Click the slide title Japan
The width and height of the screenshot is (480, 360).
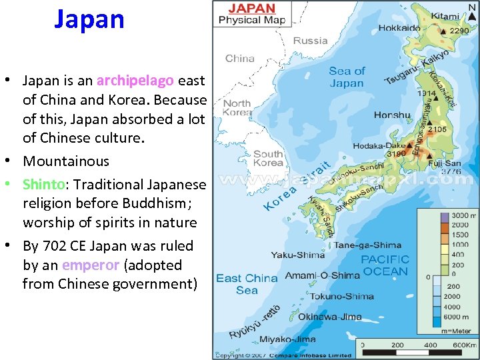tap(89, 19)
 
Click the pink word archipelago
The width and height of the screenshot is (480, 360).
tap(135, 81)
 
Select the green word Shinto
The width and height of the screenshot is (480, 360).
tap(43, 184)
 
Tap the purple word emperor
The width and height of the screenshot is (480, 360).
tap(90, 265)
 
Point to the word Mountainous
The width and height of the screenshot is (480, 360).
tap(66, 161)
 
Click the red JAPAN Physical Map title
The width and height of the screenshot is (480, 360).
tap(251, 14)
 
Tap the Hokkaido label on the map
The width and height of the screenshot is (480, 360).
tap(399, 28)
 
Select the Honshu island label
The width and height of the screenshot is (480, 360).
tap(392, 115)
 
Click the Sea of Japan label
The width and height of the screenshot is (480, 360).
tap(347, 77)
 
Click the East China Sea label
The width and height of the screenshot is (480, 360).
tap(246, 283)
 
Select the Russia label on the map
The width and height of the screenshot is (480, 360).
tap(310, 41)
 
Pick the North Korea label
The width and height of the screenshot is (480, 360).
tap(237, 107)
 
